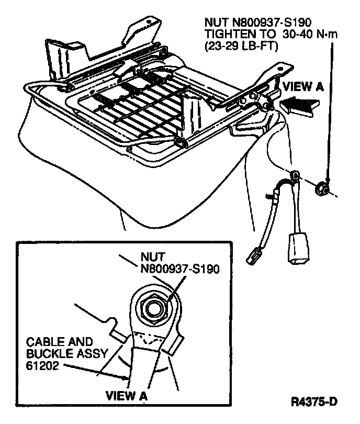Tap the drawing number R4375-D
pyautogui.click(x=314, y=403)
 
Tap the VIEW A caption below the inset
pyautogui.click(x=127, y=396)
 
